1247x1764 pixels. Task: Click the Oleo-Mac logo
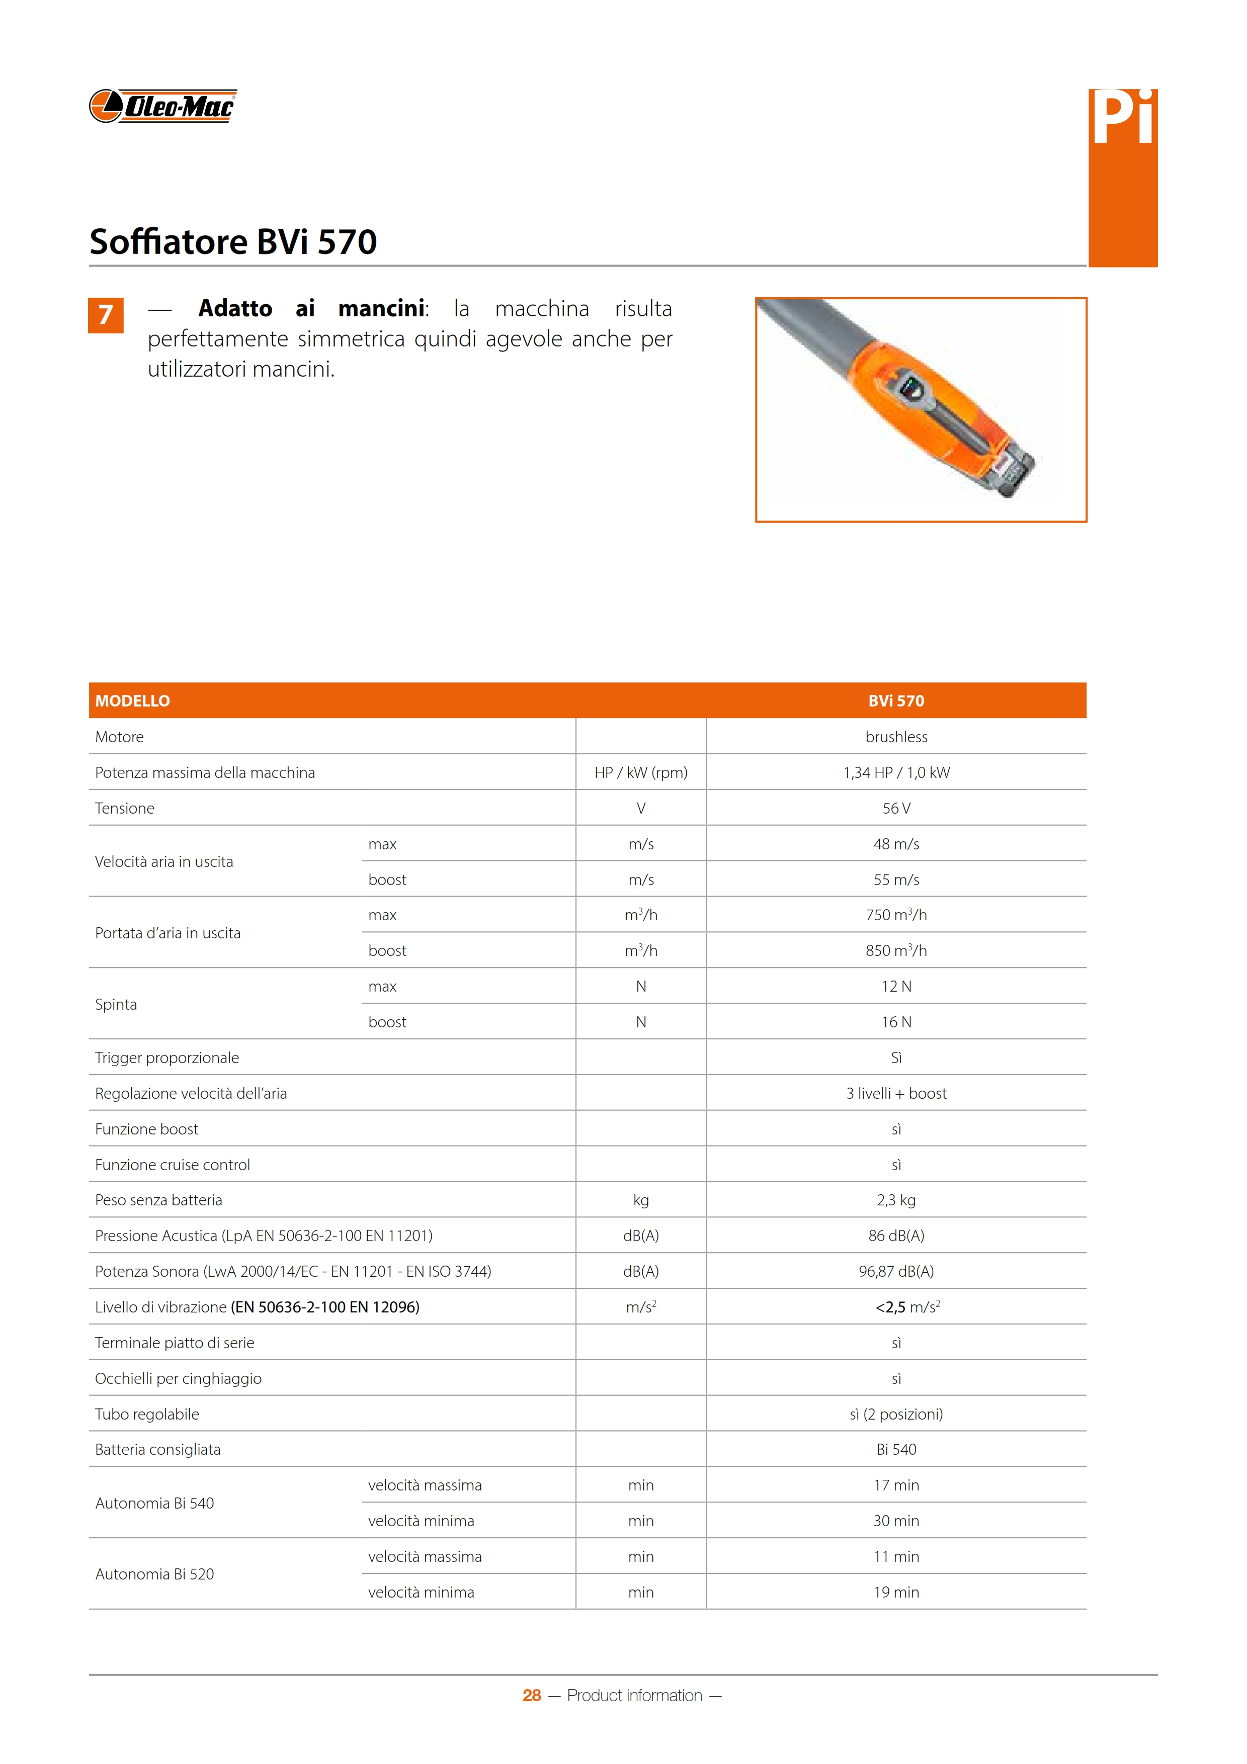point(162,106)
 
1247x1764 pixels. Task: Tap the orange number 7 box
point(106,315)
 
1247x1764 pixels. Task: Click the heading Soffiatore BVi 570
point(233,241)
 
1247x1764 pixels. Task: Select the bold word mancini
point(382,309)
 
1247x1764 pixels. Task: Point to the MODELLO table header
point(132,700)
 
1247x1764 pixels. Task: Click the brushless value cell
point(896,737)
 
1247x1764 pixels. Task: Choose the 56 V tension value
point(896,808)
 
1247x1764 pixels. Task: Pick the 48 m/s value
point(896,844)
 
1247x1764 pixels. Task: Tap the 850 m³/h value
point(896,950)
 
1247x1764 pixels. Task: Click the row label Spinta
point(116,1004)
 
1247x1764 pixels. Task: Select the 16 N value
point(896,1022)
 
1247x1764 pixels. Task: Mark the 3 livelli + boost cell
point(896,1093)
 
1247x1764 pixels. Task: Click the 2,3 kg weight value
point(896,1200)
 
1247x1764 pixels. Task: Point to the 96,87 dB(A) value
point(896,1272)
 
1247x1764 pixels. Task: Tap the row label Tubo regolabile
point(147,1415)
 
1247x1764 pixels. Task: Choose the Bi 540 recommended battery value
point(896,1450)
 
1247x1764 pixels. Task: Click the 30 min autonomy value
point(896,1521)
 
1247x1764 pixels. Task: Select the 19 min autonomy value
point(896,1593)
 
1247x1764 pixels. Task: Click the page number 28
point(532,1696)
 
